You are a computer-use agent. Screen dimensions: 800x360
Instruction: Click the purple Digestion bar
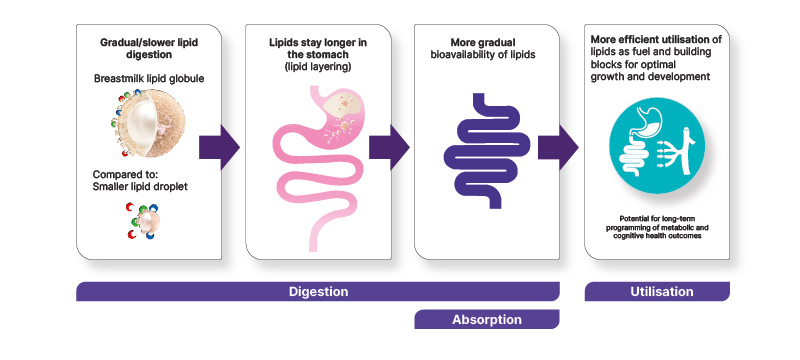[318, 292]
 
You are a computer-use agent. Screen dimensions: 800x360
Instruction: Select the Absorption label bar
[487, 320]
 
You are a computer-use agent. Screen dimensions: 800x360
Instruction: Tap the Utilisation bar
[657, 292]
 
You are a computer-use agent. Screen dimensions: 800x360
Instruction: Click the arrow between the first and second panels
[219, 147]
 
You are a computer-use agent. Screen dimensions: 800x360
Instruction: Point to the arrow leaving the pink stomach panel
[389, 147]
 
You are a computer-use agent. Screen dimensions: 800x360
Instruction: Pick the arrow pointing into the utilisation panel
[558, 147]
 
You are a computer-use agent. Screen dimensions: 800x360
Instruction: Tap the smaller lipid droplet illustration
[143, 220]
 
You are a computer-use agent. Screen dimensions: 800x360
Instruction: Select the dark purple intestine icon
[487, 151]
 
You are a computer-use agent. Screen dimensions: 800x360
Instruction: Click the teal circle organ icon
[657, 145]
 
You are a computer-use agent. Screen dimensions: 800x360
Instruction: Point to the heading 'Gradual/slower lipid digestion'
[149, 48]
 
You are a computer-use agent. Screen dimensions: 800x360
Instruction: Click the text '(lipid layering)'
[318, 66]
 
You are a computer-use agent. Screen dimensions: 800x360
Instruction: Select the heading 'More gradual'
[483, 42]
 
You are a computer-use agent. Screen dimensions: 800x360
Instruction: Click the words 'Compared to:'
[120, 175]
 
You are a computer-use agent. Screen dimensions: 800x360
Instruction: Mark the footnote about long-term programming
[657, 227]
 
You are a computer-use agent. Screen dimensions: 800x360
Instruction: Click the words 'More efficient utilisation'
[650, 39]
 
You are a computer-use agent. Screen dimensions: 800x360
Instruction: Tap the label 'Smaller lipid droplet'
[140, 187]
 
